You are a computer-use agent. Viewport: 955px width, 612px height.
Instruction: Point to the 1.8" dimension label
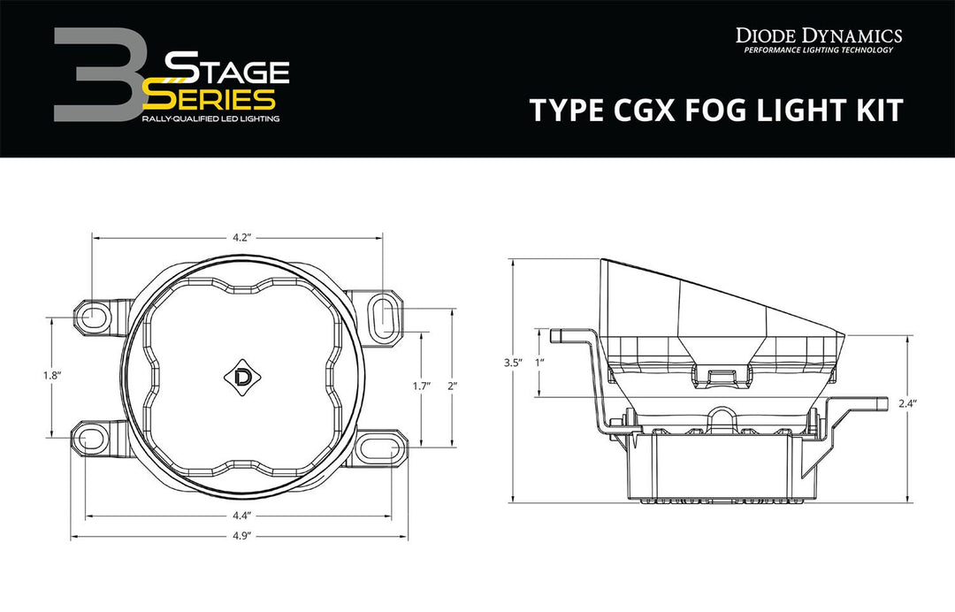(50, 375)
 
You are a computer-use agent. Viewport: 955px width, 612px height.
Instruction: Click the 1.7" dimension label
(421, 385)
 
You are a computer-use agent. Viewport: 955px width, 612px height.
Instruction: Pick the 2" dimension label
(454, 385)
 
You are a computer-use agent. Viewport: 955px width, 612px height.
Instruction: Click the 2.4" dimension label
(908, 403)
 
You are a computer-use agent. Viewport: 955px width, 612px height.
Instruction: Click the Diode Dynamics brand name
(819, 35)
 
